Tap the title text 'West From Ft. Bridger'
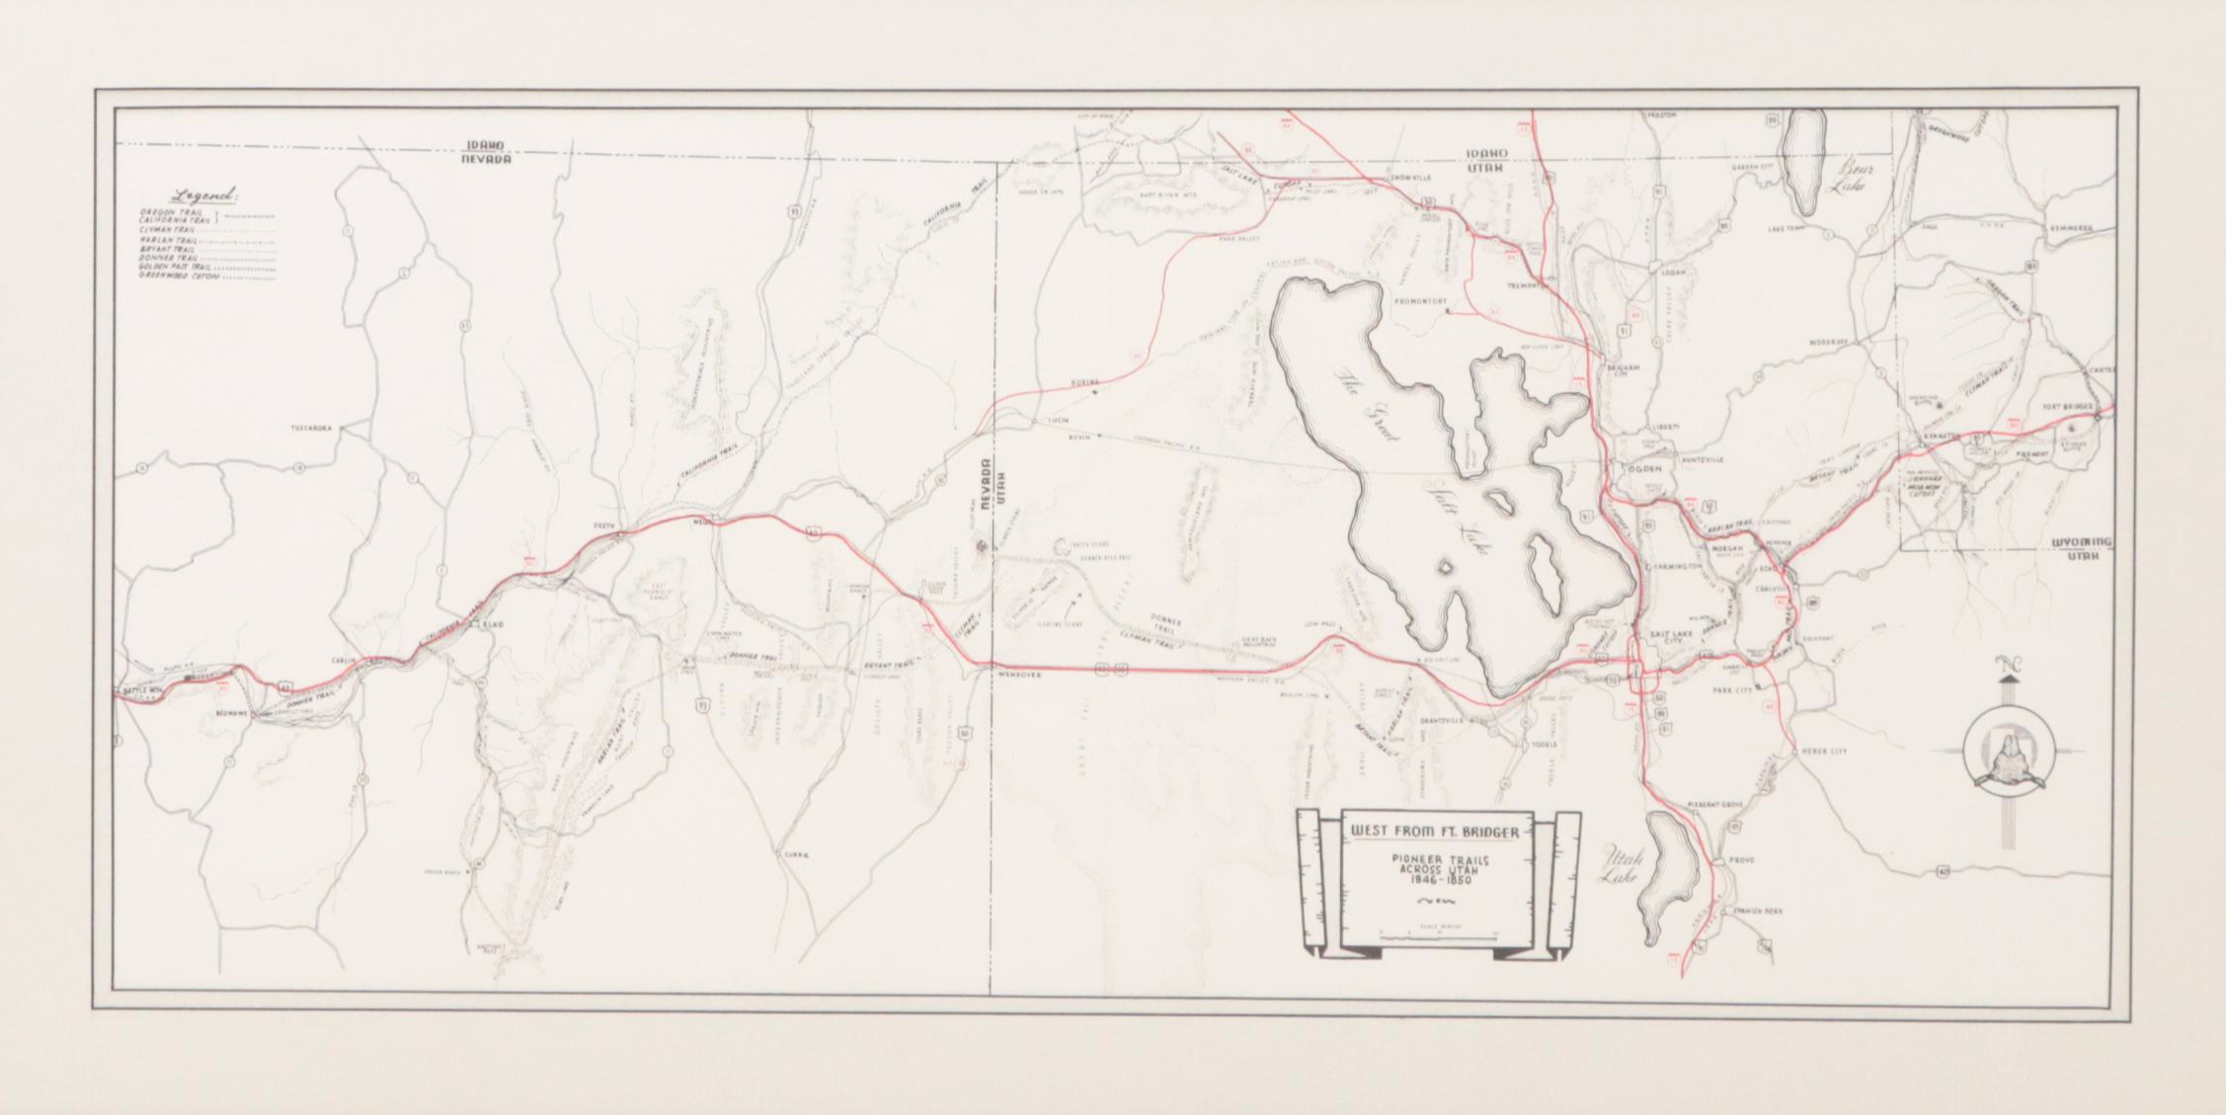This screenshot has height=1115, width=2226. [1435, 833]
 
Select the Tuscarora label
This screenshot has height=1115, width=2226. [313, 429]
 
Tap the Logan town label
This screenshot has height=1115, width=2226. [1673, 272]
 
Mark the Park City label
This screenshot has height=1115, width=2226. [1732, 690]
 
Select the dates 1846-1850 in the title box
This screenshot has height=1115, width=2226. [1437, 881]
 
